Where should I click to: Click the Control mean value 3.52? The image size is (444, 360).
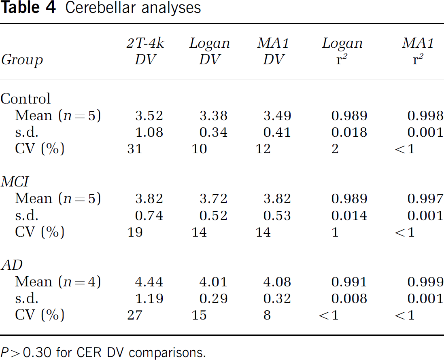(149, 115)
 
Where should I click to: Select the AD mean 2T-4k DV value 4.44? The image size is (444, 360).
(149, 282)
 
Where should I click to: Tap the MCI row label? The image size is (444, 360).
(15, 181)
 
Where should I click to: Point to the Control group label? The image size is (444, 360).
(25, 98)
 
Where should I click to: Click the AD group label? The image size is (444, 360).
(12, 265)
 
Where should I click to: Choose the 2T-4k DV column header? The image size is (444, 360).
(146, 51)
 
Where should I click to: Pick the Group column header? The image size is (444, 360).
(22, 60)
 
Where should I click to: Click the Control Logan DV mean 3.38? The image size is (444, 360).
(214, 115)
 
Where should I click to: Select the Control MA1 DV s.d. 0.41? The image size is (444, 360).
(277, 132)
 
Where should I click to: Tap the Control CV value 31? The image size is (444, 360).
(134, 149)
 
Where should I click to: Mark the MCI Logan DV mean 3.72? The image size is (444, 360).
(214, 198)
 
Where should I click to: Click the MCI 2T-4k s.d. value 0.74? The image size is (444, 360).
(149, 215)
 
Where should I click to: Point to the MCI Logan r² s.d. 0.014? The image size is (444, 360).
(349, 215)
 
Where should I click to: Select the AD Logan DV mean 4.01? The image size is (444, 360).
(214, 282)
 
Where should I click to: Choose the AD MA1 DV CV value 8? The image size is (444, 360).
(267, 315)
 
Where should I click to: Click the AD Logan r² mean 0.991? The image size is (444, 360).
(349, 282)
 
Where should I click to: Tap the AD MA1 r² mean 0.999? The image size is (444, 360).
(425, 282)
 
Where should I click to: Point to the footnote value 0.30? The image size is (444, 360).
(37, 353)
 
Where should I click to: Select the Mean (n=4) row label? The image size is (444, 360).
(58, 282)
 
